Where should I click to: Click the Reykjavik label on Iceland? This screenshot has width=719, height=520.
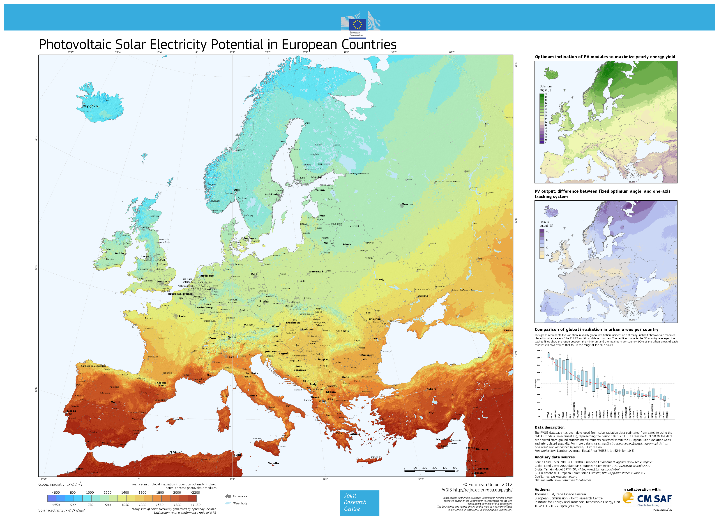(x=90, y=106)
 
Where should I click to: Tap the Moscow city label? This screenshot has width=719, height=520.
(x=407, y=204)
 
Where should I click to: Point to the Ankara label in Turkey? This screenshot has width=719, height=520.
(x=431, y=389)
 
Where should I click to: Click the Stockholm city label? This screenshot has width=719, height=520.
(x=272, y=194)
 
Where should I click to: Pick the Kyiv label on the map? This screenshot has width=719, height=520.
(x=381, y=280)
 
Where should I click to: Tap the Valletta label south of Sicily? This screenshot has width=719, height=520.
(x=273, y=463)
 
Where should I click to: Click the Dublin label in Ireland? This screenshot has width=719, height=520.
(x=120, y=253)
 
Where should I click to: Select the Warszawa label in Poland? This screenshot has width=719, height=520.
(x=316, y=272)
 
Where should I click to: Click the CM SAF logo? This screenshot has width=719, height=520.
(x=648, y=499)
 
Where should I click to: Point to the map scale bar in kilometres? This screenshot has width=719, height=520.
(x=430, y=471)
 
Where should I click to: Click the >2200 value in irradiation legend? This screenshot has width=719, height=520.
(x=195, y=492)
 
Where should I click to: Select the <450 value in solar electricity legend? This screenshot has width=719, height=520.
(x=56, y=505)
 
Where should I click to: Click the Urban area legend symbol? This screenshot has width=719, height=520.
(x=228, y=496)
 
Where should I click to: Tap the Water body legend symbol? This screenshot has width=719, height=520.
(x=228, y=504)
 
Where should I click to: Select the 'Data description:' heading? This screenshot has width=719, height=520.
(x=550, y=427)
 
